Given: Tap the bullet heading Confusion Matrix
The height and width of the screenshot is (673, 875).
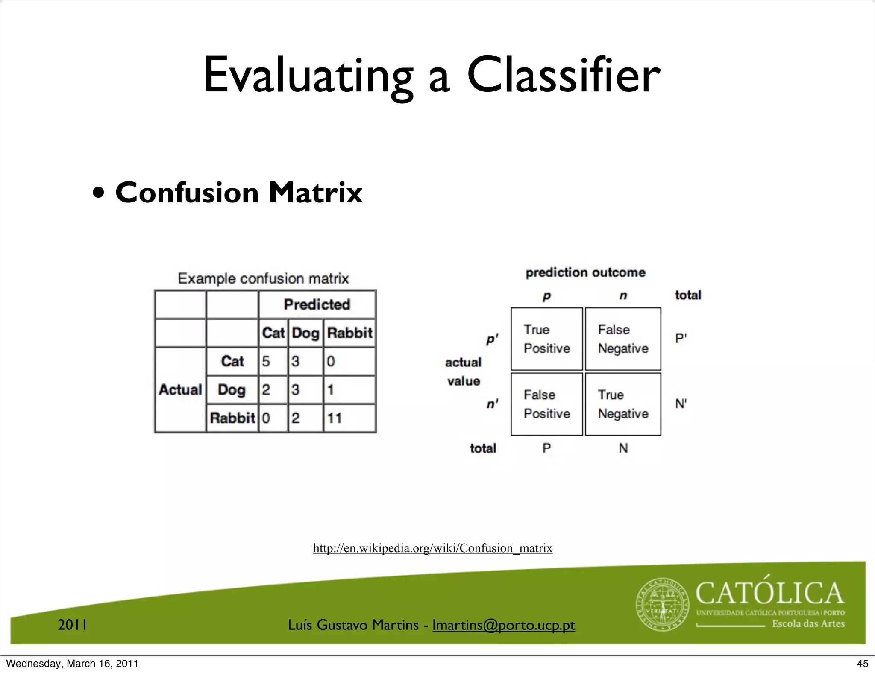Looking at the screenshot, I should pos(238,193).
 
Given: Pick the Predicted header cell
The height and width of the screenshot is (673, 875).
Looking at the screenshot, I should pos(317,304).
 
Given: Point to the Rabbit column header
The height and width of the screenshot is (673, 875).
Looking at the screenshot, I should pos(349,333).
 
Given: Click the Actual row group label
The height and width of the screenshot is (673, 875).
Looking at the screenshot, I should pos(180,389).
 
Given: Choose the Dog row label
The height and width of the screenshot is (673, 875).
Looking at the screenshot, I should pos(232,389).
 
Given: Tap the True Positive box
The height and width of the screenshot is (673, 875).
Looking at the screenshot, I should pos(546,339).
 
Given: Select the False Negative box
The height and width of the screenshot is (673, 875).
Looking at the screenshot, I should pos(622,339).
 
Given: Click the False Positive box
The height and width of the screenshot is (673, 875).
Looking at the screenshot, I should pos(546,404).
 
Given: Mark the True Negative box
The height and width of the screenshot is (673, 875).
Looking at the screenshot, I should pos(622,404).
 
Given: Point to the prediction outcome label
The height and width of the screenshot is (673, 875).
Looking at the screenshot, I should pos(585,272).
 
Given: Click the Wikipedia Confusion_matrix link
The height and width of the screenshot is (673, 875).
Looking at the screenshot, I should pos(432,548).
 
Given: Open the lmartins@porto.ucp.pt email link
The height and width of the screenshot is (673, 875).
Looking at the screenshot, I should pos(503,625).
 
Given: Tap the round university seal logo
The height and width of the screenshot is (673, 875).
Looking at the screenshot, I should pos(663,605).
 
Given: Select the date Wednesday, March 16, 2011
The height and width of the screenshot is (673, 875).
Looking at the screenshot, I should pos(72,664).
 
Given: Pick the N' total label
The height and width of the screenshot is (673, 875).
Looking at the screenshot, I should pos(681,404).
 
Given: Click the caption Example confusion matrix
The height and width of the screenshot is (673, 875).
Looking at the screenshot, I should pos(263,278).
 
